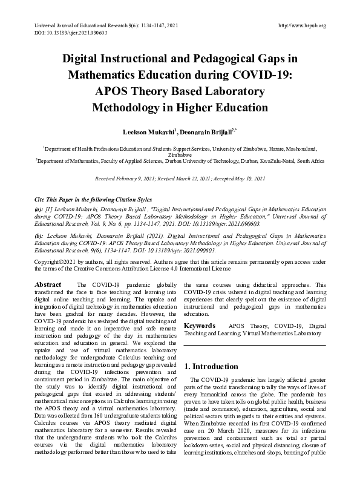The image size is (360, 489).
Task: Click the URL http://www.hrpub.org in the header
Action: point(301,25)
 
